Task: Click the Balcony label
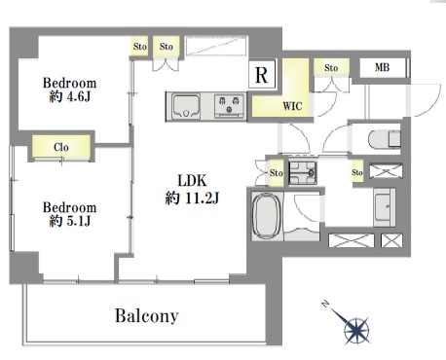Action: coord(147,315)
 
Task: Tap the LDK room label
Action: coord(192,180)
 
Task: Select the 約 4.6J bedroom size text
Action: coord(70,96)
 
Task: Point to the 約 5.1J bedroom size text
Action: coord(70,221)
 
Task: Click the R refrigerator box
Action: coord(262,74)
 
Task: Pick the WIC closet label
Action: coord(292,106)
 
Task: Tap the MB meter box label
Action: coord(382,67)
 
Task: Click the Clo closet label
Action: coord(61,147)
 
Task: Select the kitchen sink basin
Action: coord(186,106)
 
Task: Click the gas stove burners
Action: coord(229,106)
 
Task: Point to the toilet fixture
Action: coord(385,139)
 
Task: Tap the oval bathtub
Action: coord(267,215)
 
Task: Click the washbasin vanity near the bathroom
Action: coord(385,207)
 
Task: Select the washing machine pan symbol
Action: coord(303,173)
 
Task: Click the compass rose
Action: coord(355,330)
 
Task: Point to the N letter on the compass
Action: coord(325,304)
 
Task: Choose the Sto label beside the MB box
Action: coord(331,68)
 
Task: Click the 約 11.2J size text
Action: coord(192,198)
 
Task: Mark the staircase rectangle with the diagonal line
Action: coord(216,47)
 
